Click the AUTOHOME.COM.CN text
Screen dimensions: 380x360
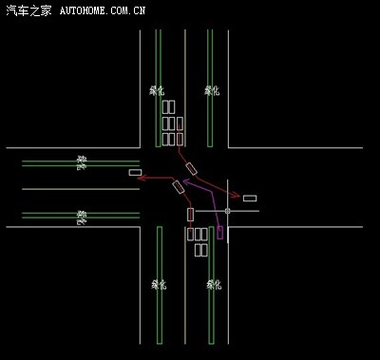pos(102,11)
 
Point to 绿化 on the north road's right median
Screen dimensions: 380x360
pos(212,90)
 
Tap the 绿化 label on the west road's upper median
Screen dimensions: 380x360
pos(82,162)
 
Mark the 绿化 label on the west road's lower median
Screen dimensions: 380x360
pos(82,217)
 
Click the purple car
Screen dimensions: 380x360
pos(220,232)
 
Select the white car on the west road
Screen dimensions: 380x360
pos(134,172)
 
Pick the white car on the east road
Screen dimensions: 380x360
pos(250,198)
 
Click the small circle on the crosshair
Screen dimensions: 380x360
pos(228,210)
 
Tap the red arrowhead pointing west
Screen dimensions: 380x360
pos(140,177)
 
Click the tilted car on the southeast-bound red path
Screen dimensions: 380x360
pos(191,168)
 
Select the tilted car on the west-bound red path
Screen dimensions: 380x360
pos(178,186)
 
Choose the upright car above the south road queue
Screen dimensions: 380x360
pos(190,214)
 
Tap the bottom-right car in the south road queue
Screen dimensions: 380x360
pos(202,250)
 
